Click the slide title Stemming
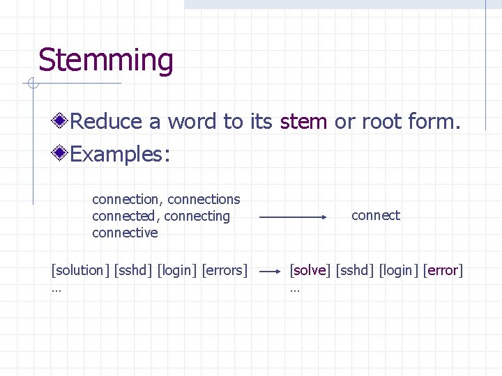coord(105,61)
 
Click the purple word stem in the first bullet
coord(303,122)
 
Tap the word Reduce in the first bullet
coord(106,122)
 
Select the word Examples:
coord(120,154)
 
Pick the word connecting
coord(199,217)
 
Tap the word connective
coord(125,233)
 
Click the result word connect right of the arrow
coord(376,216)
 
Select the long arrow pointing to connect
coord(293,217)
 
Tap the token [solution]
coord(80,270)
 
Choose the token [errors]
coord(224,270)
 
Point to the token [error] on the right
coord(443,270)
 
